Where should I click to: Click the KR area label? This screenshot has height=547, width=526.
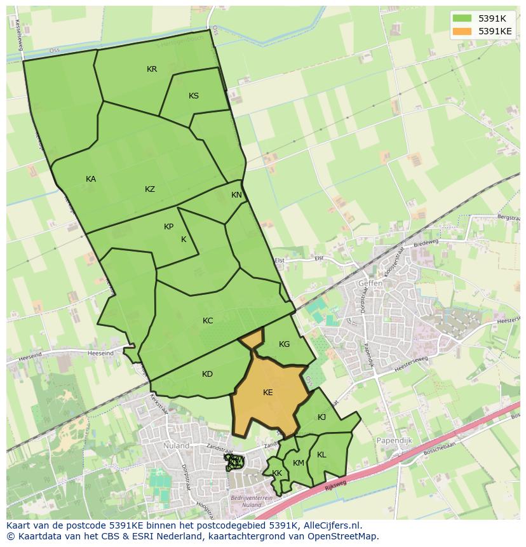click(x=152, y=69)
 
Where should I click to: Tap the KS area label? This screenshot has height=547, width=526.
click(x=194, y=96)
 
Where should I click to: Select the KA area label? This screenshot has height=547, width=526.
click(x=91, y=179)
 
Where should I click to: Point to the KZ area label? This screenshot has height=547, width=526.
click(x=150, y=189)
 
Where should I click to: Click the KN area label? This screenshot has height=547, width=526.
click(x=236, y=195)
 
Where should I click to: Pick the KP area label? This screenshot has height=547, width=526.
click(x=168, y=227)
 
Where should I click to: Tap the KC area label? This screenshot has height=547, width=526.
click(x=208, y=321)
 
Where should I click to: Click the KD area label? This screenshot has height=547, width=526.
click(x=207, y=374)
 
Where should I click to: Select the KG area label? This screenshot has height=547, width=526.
click(x=284, y=344)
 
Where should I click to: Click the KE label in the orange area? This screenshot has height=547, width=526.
click(x=268, y=393)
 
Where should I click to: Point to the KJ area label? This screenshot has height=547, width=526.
click(x=321, y=417)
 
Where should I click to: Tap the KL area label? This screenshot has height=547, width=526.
click(x=321, y=455)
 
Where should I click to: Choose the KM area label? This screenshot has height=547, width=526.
click(x=299, y=463)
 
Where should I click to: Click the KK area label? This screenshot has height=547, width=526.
click(x=277, y=473)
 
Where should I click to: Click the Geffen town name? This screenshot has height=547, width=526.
click(x=370, y=283)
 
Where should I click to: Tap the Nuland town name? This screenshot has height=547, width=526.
click(x=176, y=446)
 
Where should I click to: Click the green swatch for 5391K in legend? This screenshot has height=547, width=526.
click(x=462, y=18)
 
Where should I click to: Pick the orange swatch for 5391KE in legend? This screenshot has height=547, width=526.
click(x=462, y=30)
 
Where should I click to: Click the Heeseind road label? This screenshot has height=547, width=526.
click(x=101, y=353)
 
